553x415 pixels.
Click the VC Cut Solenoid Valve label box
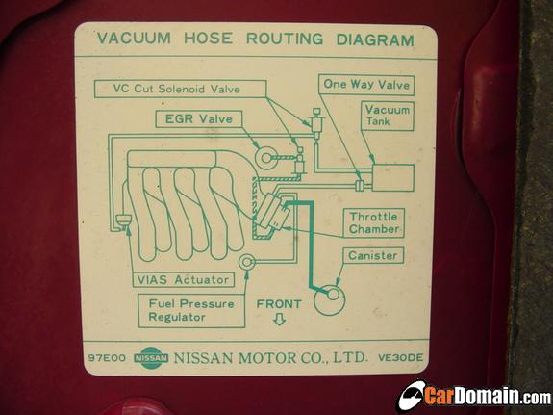tap(180, 89)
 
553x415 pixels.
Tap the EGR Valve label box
tap(199, 119)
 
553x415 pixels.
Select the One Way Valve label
tap(366, 85)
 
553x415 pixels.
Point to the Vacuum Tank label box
tap(388, 116)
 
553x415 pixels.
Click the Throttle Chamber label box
tap(374, 222)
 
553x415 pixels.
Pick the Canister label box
tap(373, 255)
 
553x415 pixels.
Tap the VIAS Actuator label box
tap(184, 280)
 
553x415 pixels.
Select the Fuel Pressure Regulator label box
tap(191, 310)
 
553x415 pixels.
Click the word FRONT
tap(279, 304)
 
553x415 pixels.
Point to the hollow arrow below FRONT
tap(279, 319)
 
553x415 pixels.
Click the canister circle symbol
tap(330, 300)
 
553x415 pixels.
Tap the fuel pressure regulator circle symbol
tap(246, 262)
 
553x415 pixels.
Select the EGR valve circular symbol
tap(265, 158)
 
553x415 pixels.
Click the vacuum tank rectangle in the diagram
tap(393, 177)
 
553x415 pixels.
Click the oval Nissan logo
tap(151, 358)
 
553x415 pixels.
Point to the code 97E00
tap(107, 358)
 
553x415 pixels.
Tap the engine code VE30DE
tap(400, 358)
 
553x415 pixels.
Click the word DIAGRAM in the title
tap(375, 39)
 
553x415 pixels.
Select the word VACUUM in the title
tap(134, 38)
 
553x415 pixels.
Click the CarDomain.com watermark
tap(475, 396)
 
